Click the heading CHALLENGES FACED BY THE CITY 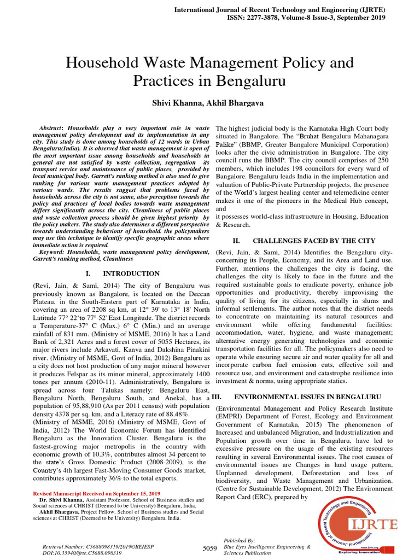(x=314, y=241)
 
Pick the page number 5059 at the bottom (x=209, y=548)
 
